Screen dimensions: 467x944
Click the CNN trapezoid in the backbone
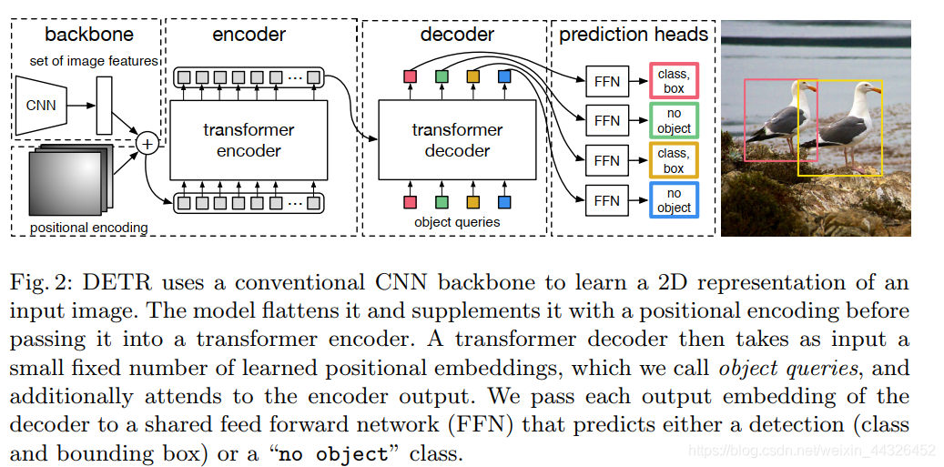click(41, 105)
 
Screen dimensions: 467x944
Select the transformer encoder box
click(249, 140)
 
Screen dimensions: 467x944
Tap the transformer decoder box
click(457, 140)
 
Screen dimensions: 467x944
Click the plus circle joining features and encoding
click(146, 143)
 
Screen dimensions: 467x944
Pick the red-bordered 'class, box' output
click(674, 80)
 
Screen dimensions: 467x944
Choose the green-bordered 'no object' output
click(674, 120)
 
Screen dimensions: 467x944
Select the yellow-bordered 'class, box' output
click(674, 160)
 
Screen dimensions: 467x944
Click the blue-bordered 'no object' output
click(674, 199)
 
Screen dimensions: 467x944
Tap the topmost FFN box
click(606, 81)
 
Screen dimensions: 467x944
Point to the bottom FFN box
click(606, 199)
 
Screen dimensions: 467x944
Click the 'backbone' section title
click(88, 36)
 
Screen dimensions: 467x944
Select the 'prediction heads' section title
click(634, 36)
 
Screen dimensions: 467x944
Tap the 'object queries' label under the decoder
click(457, 221)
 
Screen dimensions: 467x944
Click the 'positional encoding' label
click(89, 228)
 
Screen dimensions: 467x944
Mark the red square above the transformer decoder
click(410, 76)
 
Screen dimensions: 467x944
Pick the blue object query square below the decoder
click(504, 201)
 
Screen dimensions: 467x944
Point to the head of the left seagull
click(803, 88)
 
